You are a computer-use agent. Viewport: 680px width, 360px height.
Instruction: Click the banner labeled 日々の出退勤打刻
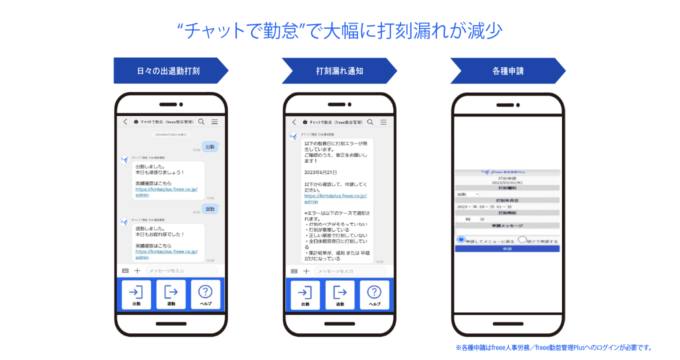pos(168,71)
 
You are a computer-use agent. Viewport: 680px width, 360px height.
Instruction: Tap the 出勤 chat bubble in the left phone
pos(210,146)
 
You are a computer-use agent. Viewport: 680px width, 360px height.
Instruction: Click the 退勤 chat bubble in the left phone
pos(210,208)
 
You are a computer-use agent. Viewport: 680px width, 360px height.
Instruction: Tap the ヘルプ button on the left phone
pos(205,294)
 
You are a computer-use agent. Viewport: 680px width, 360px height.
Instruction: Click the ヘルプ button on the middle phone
pos(374,294)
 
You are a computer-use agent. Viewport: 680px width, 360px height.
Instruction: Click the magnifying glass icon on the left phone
pos(201,121)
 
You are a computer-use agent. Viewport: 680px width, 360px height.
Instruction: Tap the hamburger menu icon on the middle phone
pos(383,122)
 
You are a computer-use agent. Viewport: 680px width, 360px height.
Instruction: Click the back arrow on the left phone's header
pos(125,121)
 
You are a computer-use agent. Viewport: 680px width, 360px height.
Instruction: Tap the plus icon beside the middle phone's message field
pos(306,271)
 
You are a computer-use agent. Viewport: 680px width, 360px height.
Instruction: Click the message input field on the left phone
pos(181,271)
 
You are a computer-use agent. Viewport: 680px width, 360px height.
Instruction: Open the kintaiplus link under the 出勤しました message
pos(166,192)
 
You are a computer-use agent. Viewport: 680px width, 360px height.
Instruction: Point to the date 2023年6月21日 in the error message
pos(321,172)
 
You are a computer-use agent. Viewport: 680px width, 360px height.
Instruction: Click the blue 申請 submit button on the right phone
pos(507,248)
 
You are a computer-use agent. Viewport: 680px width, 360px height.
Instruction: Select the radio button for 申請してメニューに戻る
pos(461,240)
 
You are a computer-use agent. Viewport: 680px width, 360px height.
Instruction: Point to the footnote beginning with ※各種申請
pos(554,347)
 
